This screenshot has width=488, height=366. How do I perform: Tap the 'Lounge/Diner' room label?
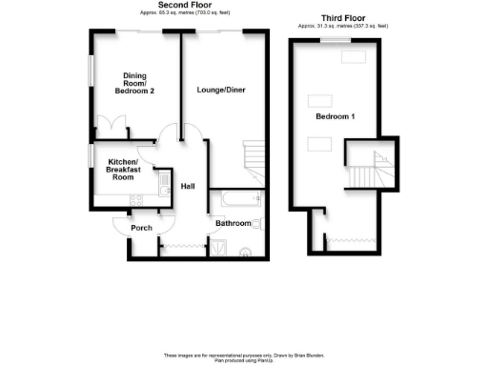pyautogui.click(x=221, y=90)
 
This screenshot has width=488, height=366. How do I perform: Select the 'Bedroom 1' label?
pyautogui.click(x=335, y=116)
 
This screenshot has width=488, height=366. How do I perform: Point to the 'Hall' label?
pyautogui.click(x=188, y=186)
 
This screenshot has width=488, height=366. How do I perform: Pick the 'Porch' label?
pyautogui.click(x=140, y=228)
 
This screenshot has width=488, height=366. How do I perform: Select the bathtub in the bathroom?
pyautogui.click(x=239, y=199)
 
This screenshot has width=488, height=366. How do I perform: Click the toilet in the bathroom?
pyautogui.click(x=257, y=225)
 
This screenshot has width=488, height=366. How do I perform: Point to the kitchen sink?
pyautogui.click(x=163, y=179)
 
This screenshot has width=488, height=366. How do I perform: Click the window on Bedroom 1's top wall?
pyautogui.click(x=351, y=55)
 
